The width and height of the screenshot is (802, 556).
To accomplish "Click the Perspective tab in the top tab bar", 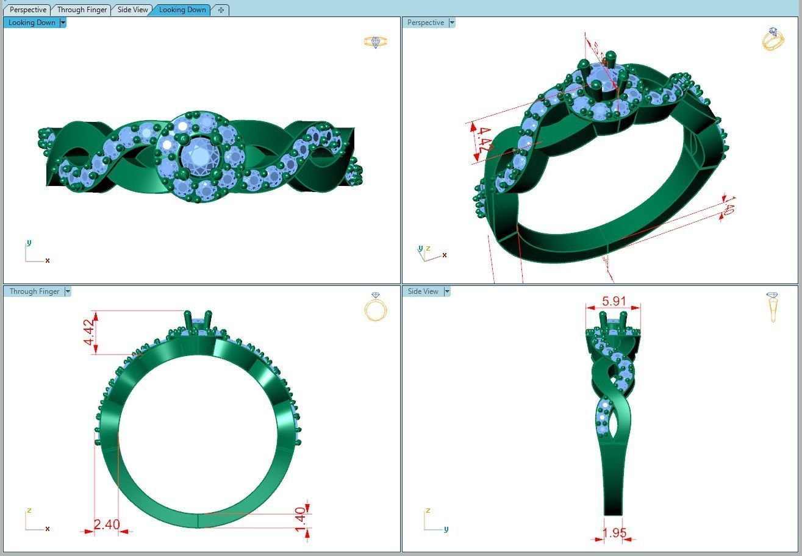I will [x=27, y=10].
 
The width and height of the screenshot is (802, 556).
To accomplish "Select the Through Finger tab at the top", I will [x=82, y=10].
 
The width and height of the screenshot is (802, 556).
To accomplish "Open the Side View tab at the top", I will [x=132, y=10].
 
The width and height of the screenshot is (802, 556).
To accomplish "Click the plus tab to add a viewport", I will [x=221, y=10].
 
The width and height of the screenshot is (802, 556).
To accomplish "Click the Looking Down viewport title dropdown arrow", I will [x=63, y=23].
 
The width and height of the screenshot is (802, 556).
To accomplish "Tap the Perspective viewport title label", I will [x=425, y=23].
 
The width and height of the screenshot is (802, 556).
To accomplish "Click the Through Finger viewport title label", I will [x=34, y=291].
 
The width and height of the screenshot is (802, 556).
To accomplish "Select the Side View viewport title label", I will [x=423, y=291].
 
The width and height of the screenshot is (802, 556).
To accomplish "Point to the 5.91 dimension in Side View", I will [x=614, y=301].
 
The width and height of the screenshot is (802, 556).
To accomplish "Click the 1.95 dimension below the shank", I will [x=614, y=533].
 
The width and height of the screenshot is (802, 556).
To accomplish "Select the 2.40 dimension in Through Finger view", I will [x=106, y=524].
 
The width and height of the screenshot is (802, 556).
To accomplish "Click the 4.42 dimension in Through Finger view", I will [x=89, y=332].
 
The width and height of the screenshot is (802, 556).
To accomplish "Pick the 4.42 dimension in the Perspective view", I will [x=485, y=140].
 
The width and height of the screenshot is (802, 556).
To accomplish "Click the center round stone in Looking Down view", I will [x=199, y=156].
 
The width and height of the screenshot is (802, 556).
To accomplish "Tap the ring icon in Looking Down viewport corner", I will [x=375, y=42].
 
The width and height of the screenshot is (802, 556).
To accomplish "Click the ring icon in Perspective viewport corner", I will [x=773, y=39].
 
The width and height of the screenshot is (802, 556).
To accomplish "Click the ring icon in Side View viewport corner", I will [x=773, y=307].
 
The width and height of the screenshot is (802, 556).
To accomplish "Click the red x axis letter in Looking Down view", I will [x=48, y=260].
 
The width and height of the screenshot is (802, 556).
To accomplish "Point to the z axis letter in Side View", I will [x=428, y=511].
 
